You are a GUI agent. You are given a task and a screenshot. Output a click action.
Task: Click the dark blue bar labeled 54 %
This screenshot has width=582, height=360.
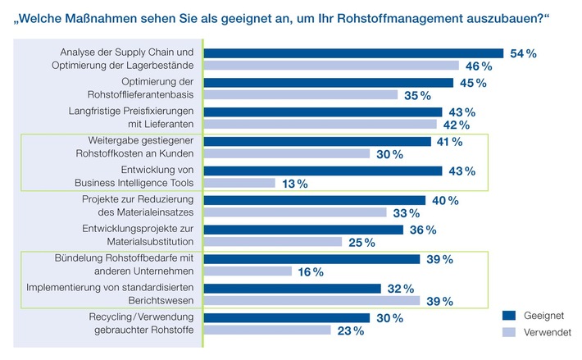353,53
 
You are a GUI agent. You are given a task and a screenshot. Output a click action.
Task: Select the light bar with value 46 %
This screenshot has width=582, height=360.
331,66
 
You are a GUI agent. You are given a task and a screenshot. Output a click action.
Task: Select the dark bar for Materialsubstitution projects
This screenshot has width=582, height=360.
303,230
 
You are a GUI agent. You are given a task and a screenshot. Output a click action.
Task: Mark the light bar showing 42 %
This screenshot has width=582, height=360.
320,125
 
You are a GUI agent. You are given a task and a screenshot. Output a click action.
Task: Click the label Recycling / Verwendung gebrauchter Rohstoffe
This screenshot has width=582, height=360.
139,324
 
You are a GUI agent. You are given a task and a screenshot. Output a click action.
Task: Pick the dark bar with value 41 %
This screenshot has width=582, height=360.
316,141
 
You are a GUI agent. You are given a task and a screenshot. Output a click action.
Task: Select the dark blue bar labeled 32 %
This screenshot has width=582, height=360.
292,289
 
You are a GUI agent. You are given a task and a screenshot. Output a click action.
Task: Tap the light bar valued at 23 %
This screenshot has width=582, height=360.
266,330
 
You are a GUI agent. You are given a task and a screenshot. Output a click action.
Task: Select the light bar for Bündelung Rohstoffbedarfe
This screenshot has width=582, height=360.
247,271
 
